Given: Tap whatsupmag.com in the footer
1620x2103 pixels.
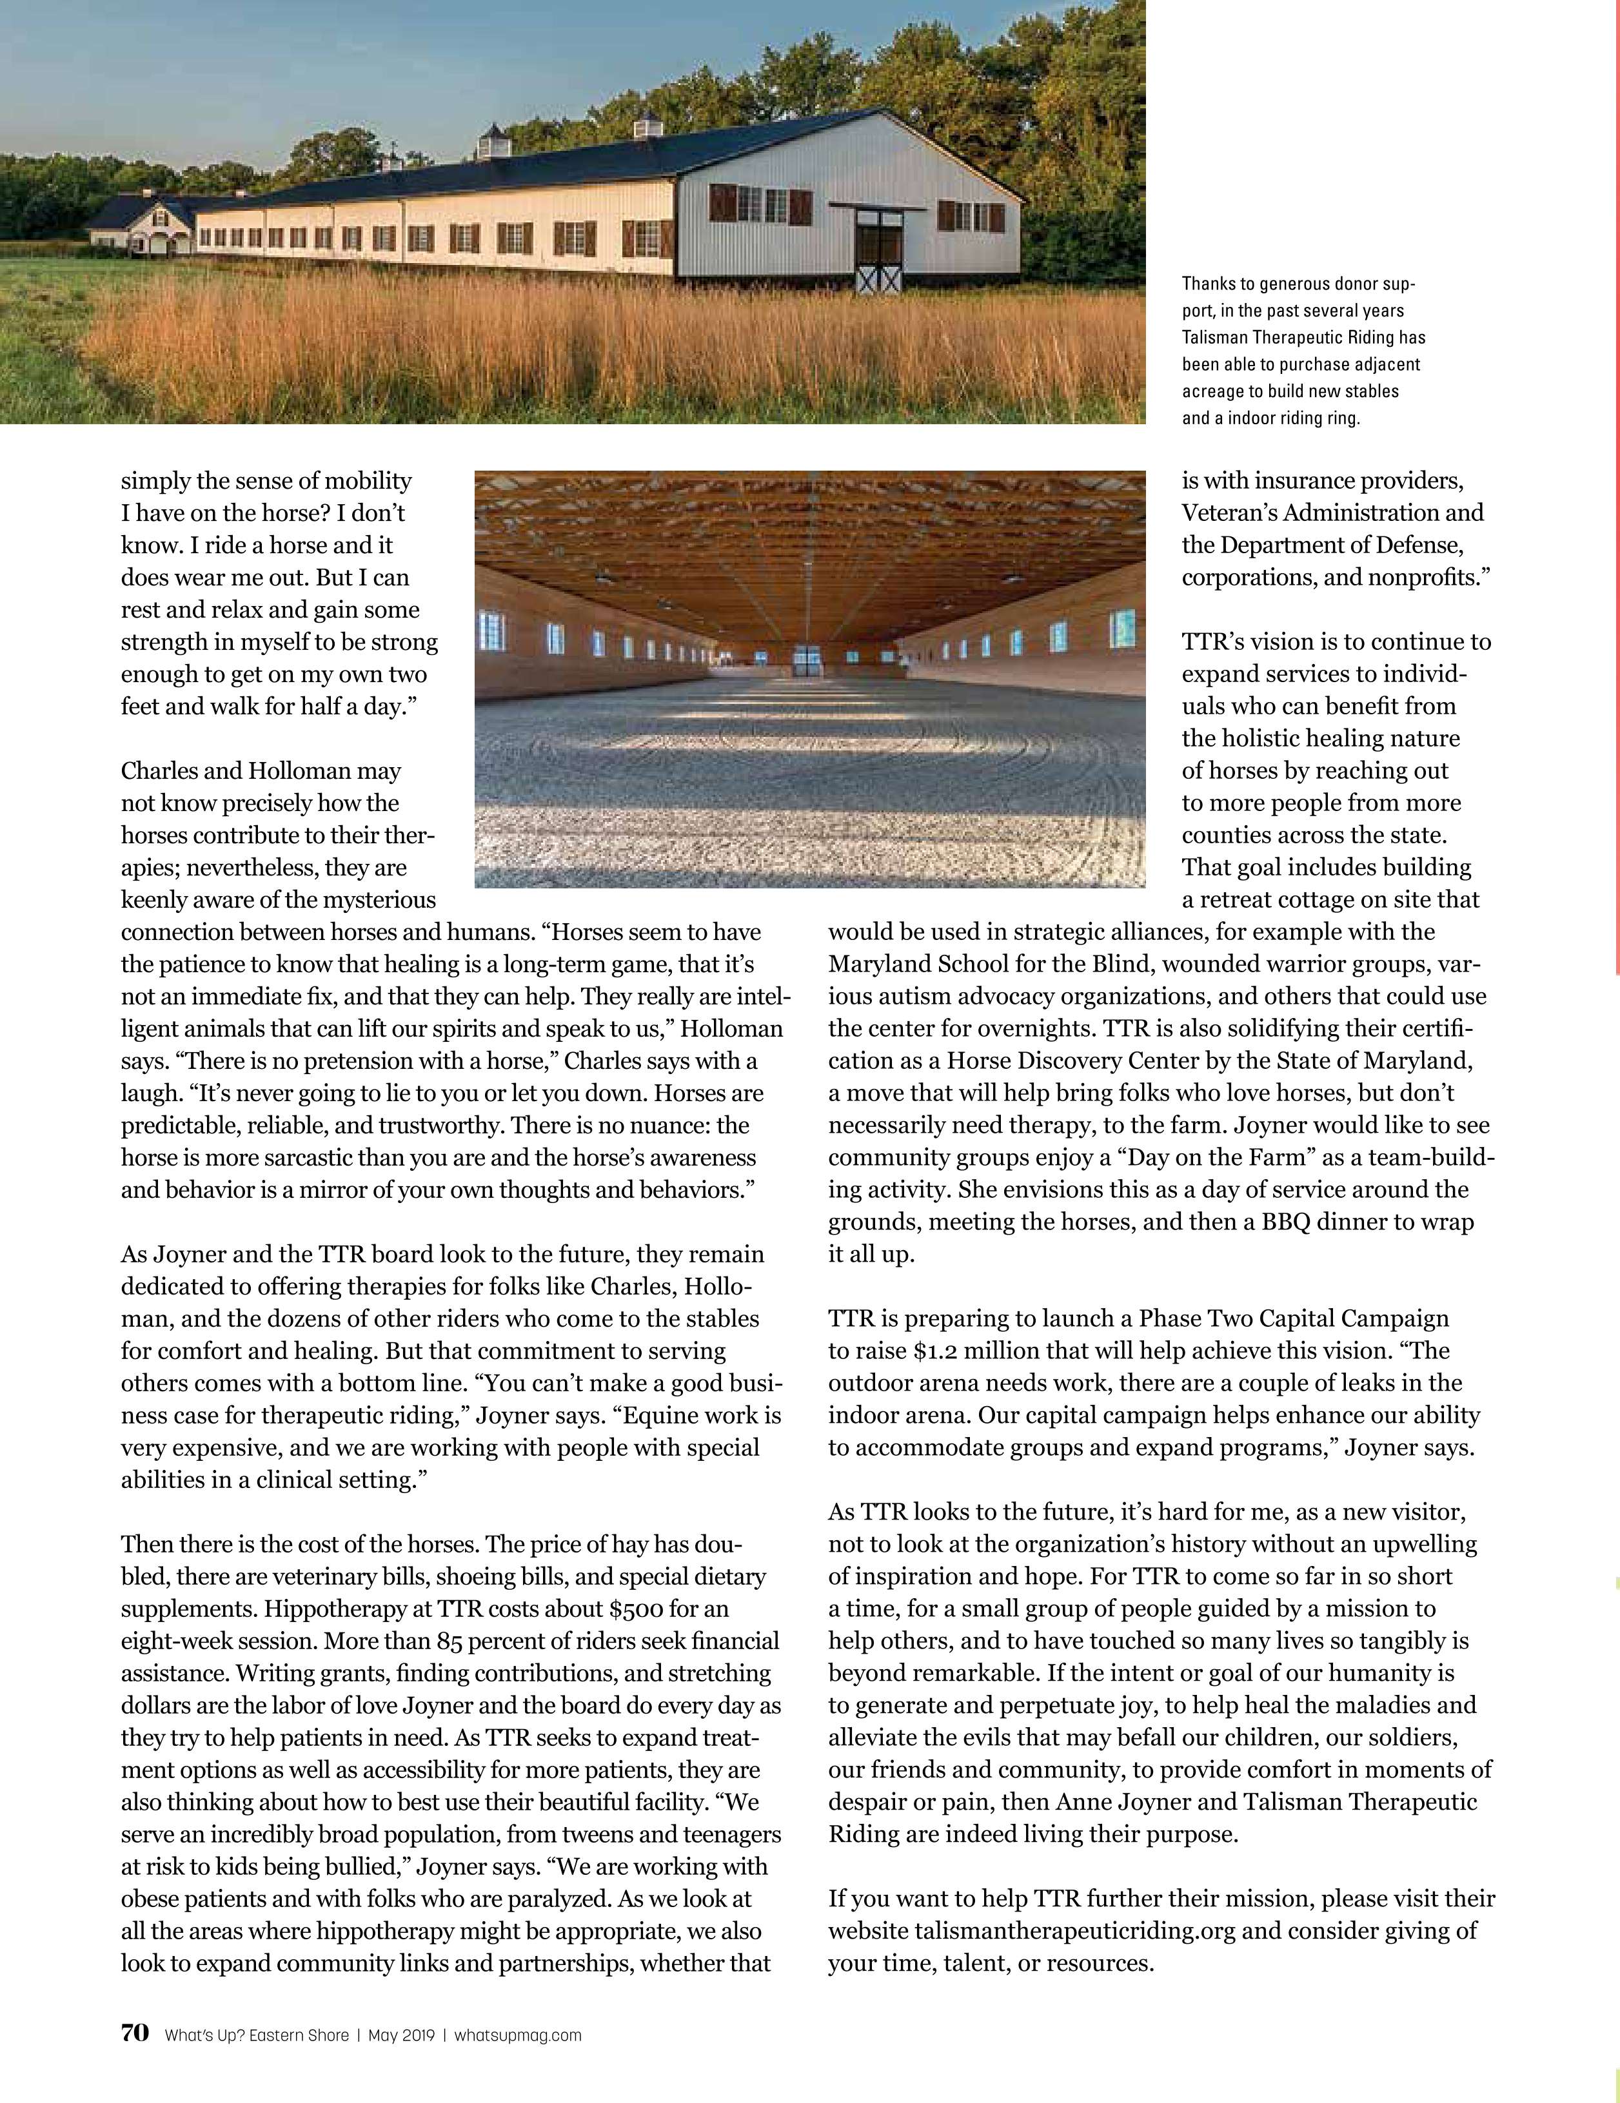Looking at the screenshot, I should (x=517, y=2035).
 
